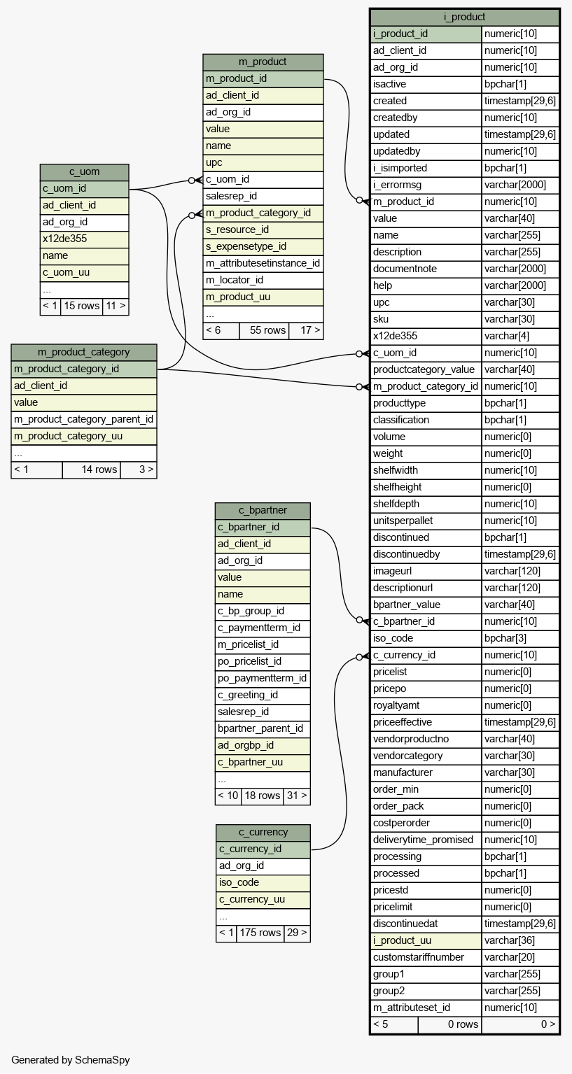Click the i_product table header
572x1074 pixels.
[464, 17]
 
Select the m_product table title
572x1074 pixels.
[263, 62]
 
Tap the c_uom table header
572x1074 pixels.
[85, 172]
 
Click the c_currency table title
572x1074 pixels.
[263, 832]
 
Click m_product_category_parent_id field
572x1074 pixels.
[84, 420]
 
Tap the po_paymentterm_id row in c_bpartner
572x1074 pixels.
[263, 679]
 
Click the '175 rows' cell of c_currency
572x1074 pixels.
[260, 933]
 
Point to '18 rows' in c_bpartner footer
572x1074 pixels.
[262, 796]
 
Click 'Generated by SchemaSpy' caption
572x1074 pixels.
[71, 1060]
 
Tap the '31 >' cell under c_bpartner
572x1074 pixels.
[297, 796]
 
